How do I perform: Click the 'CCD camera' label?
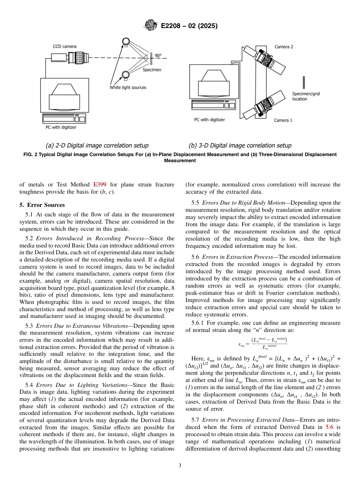pos(64,47)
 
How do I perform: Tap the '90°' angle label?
pos(158,55)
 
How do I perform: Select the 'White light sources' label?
pos(128,88)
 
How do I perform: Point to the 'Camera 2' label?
pos(284,47)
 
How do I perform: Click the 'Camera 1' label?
pos(283,120)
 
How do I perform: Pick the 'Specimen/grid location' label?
pos(305,96)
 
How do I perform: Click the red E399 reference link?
pos(99,185)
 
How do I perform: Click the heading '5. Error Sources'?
pos(42,205)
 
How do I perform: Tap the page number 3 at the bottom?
pos(180,465)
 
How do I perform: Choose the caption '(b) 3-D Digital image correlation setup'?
pos(240,146)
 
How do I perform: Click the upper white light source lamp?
pos(125,41)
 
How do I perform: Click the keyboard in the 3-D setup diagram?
pos(212,105)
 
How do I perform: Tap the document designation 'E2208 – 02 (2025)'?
pos(189,26)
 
